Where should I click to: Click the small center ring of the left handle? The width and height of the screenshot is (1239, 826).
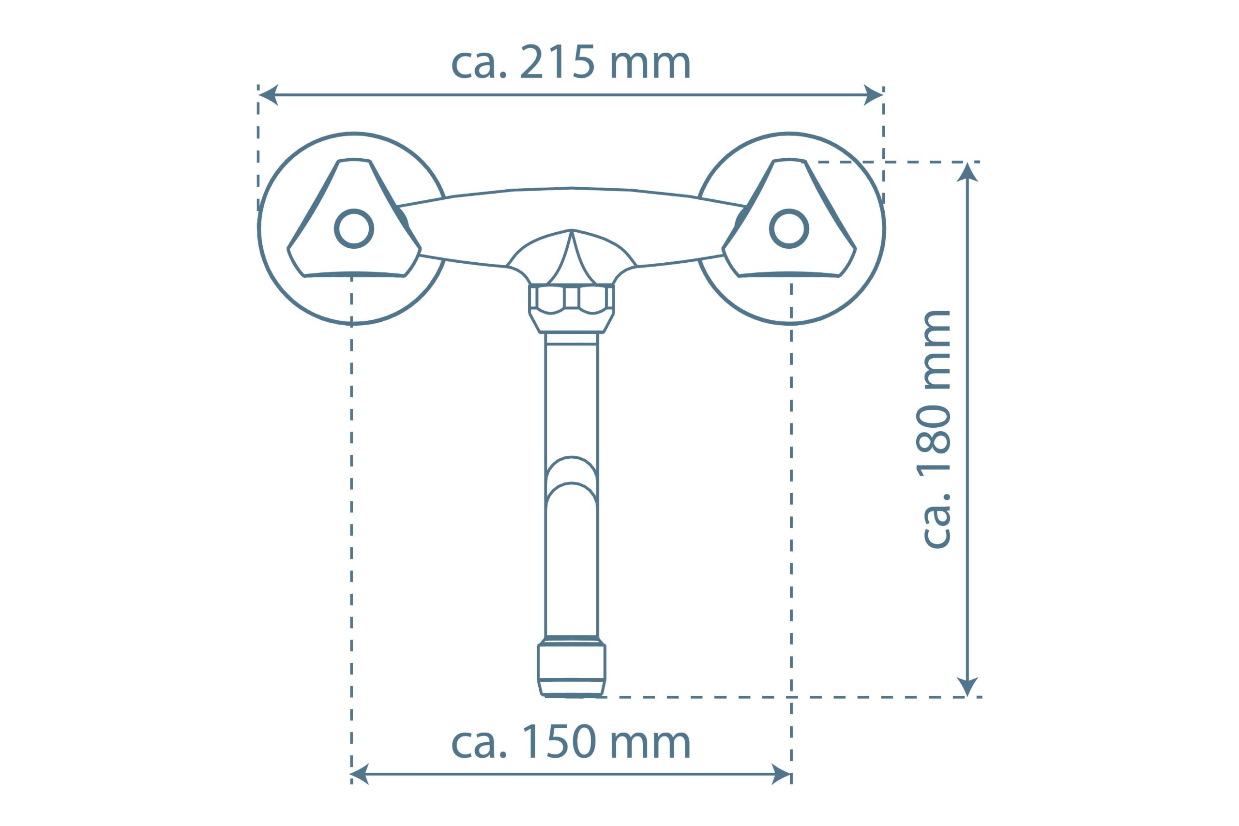point(354,228)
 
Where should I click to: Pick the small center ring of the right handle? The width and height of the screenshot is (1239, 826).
point(789,228)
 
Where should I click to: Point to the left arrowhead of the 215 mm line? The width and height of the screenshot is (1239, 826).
point(268,95)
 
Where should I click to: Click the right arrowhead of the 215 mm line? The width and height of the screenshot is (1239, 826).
point(874,95)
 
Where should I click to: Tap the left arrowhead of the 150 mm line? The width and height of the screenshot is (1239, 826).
point(360,774)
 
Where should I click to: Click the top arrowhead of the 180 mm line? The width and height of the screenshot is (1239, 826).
point(967,172)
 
